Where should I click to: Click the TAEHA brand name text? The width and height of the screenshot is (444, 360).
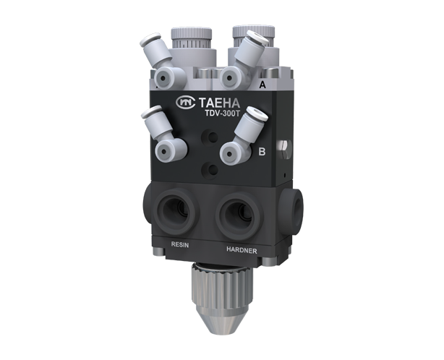pos(219,103)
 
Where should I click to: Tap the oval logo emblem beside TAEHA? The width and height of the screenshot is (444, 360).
pos(185,102)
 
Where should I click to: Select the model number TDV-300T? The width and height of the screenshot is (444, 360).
pos(222,113)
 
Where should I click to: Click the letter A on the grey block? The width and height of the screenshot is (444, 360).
pos(262,85)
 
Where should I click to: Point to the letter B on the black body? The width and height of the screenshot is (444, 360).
pos(262,152)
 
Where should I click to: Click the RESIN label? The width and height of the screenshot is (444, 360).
pos(180,244)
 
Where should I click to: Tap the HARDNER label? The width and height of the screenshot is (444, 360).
pos(242,250)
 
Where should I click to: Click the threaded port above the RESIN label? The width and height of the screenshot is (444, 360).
pos(176,211)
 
